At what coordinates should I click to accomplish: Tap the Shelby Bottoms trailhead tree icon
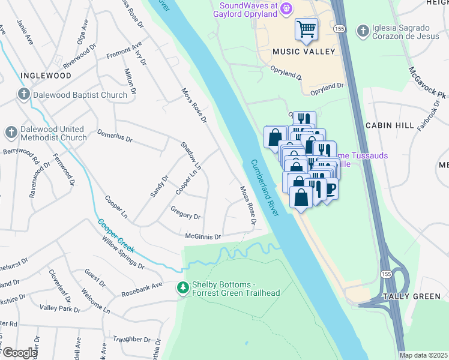point(182,289)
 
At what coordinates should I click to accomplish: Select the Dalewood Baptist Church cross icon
point(23,94)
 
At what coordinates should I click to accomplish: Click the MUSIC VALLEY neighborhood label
point(304,52)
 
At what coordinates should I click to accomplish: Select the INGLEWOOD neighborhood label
point(46,76)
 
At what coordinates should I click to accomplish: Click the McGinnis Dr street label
point(203,236)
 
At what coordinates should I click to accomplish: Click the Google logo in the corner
point(19,353)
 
